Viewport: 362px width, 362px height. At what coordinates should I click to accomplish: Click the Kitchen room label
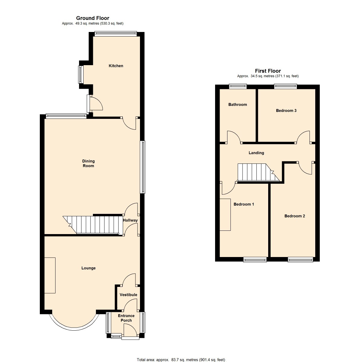(116, 66)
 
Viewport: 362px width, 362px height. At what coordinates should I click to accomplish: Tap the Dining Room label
(88, 163)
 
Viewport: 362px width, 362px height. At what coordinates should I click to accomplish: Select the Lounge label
(88, 268)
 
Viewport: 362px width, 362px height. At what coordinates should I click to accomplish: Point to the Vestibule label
(128, 295)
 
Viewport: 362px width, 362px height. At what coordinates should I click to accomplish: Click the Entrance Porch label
(126, 318)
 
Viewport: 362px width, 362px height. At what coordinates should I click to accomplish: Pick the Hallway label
(130, 220)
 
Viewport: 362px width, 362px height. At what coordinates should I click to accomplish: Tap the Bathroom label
(238, 104)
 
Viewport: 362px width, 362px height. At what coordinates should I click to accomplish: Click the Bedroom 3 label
(286, 110)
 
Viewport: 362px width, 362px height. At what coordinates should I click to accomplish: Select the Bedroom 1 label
(244, 204)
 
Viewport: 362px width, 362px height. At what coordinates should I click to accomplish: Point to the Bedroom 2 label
(294, 216)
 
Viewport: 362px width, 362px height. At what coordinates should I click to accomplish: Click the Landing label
(256, 153)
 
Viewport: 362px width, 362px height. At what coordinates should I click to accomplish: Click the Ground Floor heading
(93, 18)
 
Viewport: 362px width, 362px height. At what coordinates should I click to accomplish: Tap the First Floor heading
(268, 71)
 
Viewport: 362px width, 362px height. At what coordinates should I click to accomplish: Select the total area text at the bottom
(181, 360)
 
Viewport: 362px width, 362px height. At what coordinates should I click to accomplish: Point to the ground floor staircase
(93, 225)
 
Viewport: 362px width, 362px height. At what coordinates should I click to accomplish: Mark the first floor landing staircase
(259, 172)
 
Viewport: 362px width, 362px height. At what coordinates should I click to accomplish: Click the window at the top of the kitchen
(116, 33)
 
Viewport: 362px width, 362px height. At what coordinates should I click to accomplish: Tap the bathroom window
(238, 86)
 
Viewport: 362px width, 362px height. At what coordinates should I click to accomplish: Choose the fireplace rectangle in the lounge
(50, 275)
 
